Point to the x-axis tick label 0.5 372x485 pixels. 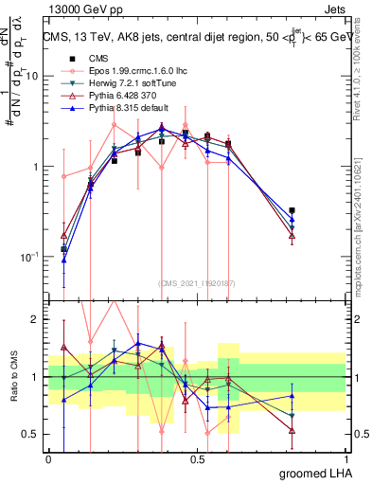pos(198,458)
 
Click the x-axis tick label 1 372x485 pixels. pos(346,458)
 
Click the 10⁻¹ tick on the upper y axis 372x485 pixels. pos(32,257)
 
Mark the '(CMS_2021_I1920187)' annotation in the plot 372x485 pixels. pos(197,283)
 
